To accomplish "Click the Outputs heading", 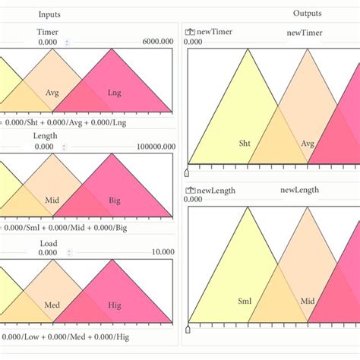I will [307, 14].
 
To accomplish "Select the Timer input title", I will [48, 33].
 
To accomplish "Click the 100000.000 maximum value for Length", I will [156, 147].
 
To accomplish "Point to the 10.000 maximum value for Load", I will [163, 252].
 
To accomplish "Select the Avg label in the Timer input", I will [52, 93].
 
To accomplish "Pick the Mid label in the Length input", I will [52, 200].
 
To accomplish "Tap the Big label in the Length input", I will [114, 200].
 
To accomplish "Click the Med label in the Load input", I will [52, 305].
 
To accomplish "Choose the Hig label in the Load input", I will [114, 305].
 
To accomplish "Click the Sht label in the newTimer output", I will [245, 142].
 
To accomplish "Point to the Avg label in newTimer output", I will [308, 142].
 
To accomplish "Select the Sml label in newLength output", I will [245, 301].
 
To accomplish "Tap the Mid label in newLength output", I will [307, 301].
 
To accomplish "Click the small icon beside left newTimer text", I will [189, 32].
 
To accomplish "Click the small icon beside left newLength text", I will [189, 189].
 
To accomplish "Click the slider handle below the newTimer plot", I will [188, 171].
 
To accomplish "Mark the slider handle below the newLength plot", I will [188, 330].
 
